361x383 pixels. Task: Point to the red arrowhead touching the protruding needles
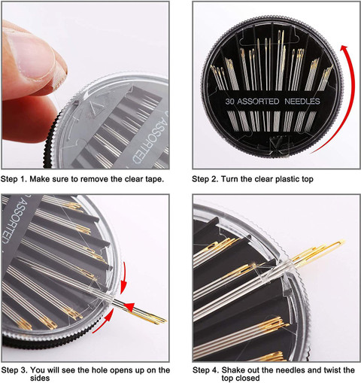pyautogui.click(x=129, y=307)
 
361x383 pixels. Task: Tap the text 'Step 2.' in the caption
pyautogui.click(x=205, y=179)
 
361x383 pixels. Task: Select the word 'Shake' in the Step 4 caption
pyautogui.click(x=232, y=370)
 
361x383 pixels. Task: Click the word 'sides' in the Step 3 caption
pyautogui.click(x=40, y=378)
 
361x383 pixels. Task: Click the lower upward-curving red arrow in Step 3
pyautogui.click(x=104, y=322)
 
